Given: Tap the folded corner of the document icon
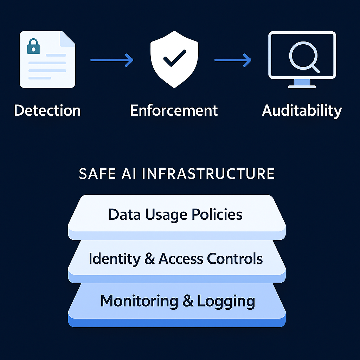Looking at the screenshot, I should (67, 39).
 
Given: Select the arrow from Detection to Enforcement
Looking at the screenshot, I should (112, 60).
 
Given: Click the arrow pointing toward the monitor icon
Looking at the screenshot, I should (233, 60).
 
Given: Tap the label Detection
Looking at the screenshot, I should (47, 110).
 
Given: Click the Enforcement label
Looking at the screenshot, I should (174, 110).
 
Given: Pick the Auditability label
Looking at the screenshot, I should (302, 110).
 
